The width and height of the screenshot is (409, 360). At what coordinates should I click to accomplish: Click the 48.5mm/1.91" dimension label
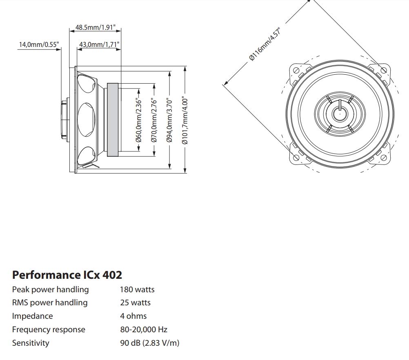(96, 28)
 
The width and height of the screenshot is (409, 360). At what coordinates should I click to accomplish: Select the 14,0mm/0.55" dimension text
(39, 44)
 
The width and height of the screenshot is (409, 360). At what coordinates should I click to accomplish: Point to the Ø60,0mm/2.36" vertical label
(138, 120)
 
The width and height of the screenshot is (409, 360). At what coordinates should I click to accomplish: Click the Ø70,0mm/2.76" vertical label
(154, 120)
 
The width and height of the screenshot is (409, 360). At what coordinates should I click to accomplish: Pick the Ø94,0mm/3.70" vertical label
(169, 120)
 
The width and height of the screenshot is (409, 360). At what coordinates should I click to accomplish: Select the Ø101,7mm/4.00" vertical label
(185, 120)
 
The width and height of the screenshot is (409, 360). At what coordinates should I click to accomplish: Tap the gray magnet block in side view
(113, 120)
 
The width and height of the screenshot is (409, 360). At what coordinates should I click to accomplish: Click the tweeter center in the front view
(339, 113)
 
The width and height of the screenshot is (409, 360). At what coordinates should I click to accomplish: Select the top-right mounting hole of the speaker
(383, 70)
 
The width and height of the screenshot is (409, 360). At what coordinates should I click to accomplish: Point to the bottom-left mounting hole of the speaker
(295, 157)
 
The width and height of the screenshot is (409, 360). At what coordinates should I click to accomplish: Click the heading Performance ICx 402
(67, 274)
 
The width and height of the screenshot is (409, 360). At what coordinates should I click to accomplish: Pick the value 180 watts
(137, 289)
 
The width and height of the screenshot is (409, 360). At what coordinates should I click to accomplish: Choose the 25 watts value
(135, 302)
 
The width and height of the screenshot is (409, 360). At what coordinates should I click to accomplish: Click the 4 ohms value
(133, 316)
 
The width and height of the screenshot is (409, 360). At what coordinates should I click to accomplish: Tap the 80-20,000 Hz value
(144, 329)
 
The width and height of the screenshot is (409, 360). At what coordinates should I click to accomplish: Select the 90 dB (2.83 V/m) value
(149, 343)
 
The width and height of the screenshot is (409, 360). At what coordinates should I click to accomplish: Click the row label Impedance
(32, 316)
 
